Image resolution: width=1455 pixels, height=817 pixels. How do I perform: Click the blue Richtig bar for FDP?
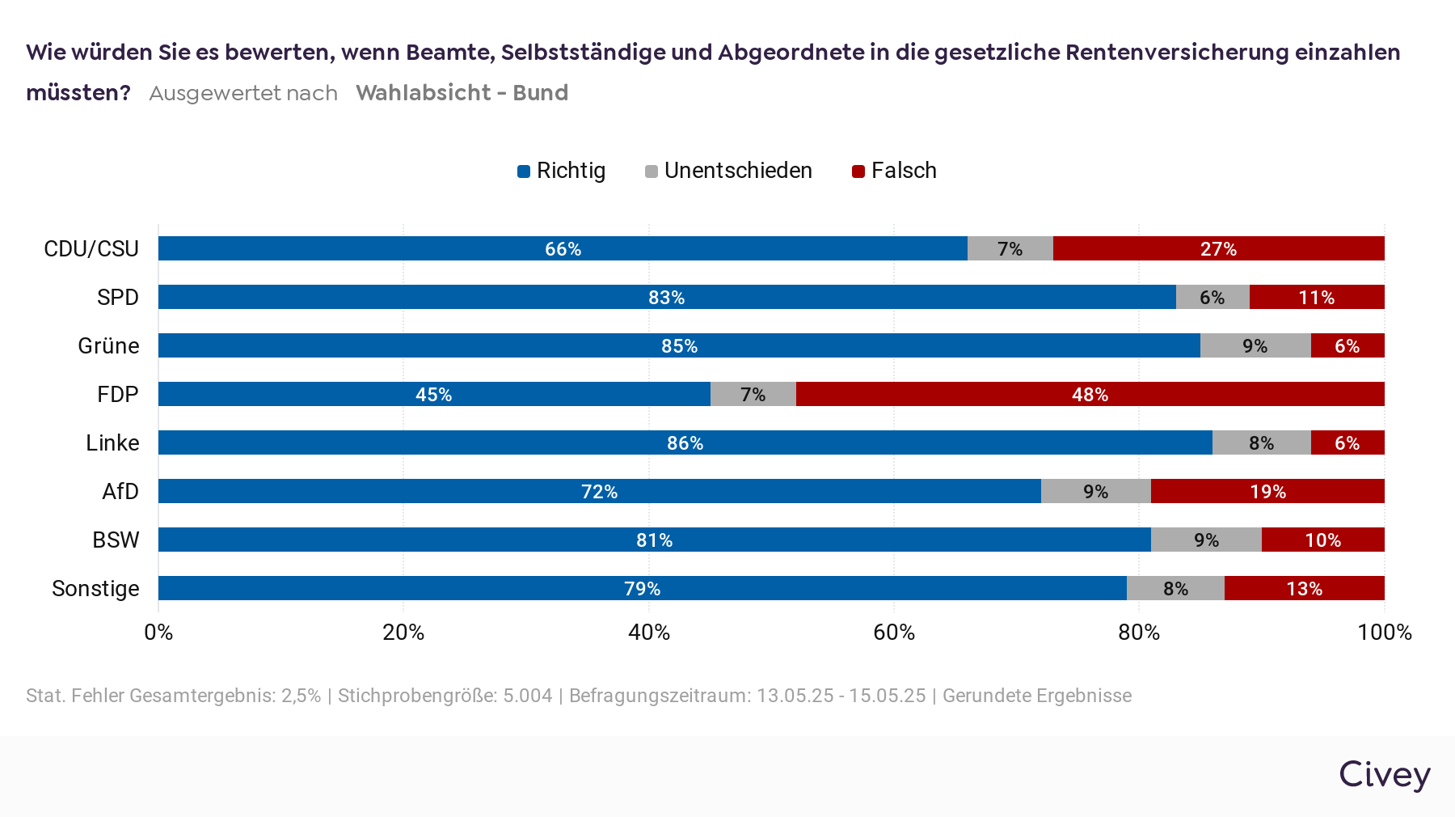pyautogui.click(x=434, y=394)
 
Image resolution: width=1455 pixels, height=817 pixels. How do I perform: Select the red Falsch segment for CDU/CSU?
pyautogui.click(x=1218, y=248)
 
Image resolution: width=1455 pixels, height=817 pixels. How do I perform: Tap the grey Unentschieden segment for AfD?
pyautogui.click(x=1095, y=491)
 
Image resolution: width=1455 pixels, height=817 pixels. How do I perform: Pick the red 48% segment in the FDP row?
pyautogui.click(x=1090, y=394)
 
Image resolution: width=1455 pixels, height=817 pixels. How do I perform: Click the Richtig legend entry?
pyautogui.click(x=562, y=171)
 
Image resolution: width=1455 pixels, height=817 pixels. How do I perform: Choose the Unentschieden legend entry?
pyautogui.click(x=729, y=171)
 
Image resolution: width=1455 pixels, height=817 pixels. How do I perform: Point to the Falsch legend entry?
pyautogui.click(x=895, y=171)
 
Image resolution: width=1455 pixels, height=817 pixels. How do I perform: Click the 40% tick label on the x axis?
pyautogui.click(x=649, y=633)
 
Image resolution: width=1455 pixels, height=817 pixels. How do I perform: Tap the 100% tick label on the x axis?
pyautogui.click(x=1384, y=633)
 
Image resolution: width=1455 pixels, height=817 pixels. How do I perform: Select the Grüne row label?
pyautogui.click(x=108, y=346)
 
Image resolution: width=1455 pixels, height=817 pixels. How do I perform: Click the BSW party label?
pyautogui.click(x=116, y=540)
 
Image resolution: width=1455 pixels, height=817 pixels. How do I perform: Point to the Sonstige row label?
pyautogui.click(x=95, y=589)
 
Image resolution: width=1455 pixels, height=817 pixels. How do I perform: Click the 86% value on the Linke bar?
pyautogui.click(x=685, y=443)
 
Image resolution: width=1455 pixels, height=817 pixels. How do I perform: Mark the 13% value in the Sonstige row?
pyautogui.click(x=1304, y=589)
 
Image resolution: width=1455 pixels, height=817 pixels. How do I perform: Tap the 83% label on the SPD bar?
pyautogui.click(x=666, y=298)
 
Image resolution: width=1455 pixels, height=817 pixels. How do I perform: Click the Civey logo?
pyautogui.click(x=1384, y=774)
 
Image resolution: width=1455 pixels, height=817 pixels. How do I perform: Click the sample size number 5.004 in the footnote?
pyautogui.click(x=527, y=696)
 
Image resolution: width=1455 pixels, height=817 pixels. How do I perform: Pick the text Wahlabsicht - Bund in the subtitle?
pyautogui.click(x=462, y=93)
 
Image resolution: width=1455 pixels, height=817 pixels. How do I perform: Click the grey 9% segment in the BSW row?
pyautogui.click(x=1206, y=540)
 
